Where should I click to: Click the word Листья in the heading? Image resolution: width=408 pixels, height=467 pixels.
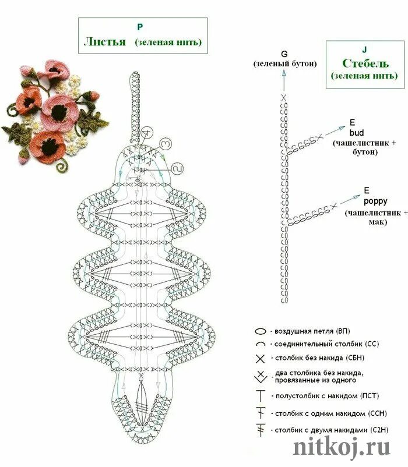(x=105, y=42)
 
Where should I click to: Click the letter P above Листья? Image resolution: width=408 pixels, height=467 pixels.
(x=140, y=27)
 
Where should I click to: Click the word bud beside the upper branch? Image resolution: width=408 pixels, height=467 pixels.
(x=356, y=133)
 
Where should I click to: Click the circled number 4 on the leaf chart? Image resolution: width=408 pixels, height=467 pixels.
(x=147, y=132)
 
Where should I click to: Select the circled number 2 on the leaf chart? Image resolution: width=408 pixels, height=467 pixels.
(x=178, y=168)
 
